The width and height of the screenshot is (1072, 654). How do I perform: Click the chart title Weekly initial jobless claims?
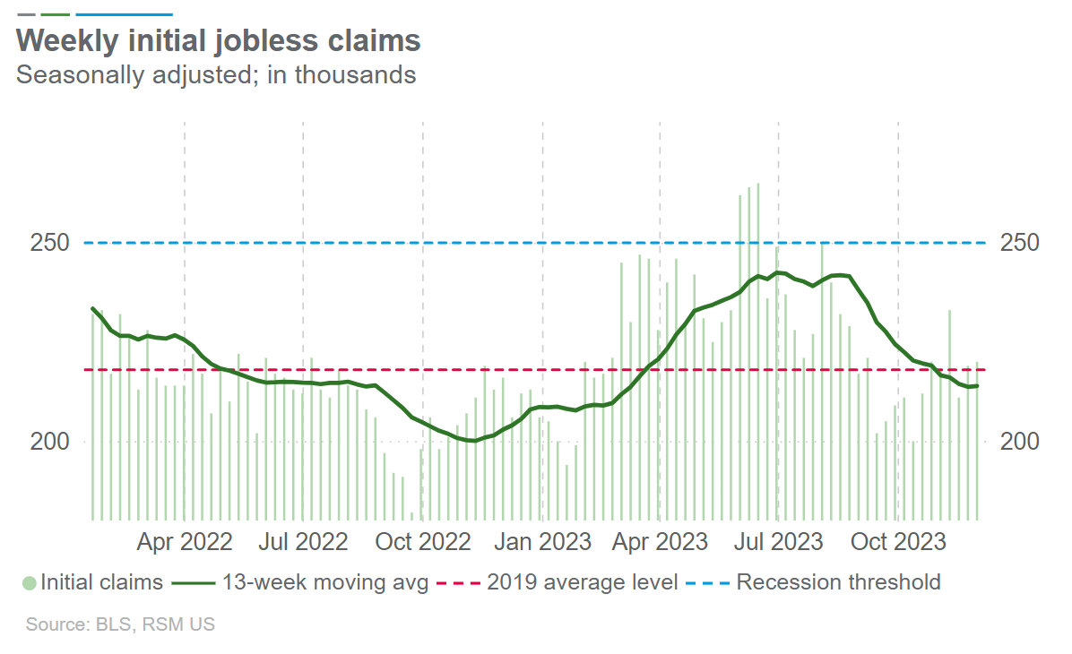point(219,40)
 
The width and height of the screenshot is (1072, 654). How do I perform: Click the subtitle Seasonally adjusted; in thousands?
point(216,74)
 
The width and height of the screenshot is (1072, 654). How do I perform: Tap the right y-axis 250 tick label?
point(1019,243)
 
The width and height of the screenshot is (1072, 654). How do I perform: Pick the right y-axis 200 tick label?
point(1019,442)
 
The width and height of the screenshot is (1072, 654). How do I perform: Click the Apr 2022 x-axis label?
point(185,542)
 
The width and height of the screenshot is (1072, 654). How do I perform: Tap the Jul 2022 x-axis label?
point(303,542)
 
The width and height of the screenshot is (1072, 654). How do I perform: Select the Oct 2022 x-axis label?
point(423,542)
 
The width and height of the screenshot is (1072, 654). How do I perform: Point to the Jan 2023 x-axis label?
point(543,542)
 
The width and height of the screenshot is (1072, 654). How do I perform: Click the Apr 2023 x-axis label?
point(660,542)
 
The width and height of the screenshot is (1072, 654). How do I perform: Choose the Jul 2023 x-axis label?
point(778,542)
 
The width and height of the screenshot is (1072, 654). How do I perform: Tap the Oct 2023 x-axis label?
point(897,542)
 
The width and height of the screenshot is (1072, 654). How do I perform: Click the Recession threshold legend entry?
point(838,582)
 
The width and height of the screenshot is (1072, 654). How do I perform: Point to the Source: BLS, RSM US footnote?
point(120,624)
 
